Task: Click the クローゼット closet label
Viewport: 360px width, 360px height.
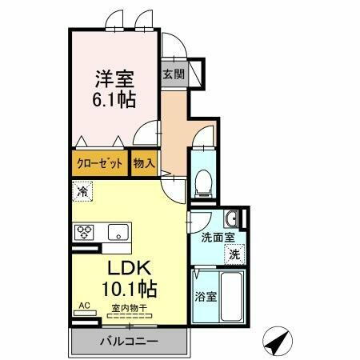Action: [100, 163]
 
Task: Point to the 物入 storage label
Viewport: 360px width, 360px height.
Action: [145, 163]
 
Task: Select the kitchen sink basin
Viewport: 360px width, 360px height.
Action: [119, 233]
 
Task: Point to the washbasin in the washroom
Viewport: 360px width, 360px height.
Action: [232, 218]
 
